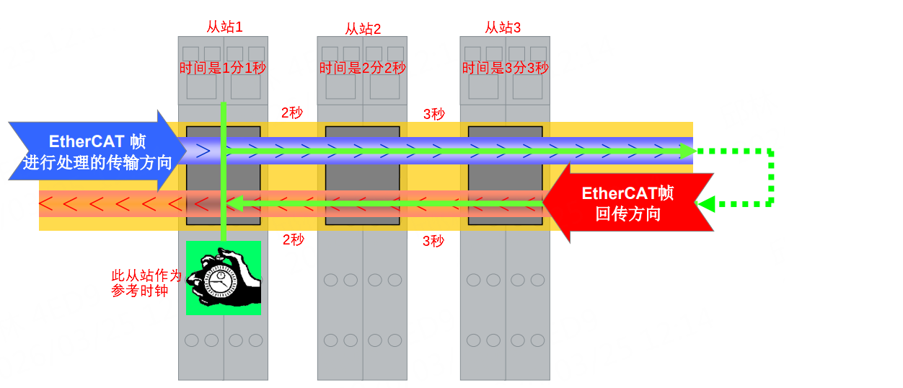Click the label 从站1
pos(224,27)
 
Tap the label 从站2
pos(363,29)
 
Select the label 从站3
pos(503,27)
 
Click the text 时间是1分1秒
pos(224,69)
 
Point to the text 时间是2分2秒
pos(363,69)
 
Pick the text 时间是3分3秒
pos(506,69)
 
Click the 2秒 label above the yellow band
pos(293,113)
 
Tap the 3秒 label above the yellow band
pos(433,114)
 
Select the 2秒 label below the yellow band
pos(293,240)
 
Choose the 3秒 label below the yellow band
pos(433,242)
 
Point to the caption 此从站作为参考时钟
pos(146,283)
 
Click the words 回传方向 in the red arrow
pos(628,214)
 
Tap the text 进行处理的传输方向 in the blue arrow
pos(97,162)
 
